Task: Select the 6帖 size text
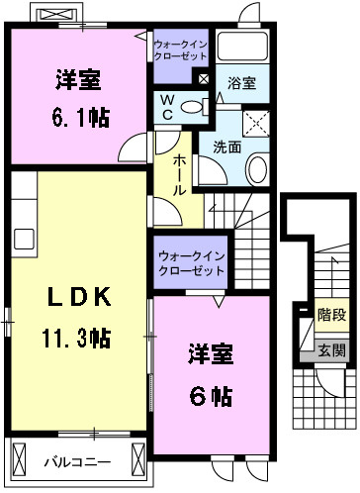click(211, 396)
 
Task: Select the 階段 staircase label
click(331, 315)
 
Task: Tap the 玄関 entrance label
click(331, 349)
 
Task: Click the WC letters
click(165, 108)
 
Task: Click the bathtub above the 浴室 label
click(242, 47)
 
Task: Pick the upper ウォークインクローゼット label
click(181, 47)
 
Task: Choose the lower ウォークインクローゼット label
click(188, 262)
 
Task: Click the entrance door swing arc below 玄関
click(338, 381)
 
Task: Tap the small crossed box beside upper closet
click(203, 77)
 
